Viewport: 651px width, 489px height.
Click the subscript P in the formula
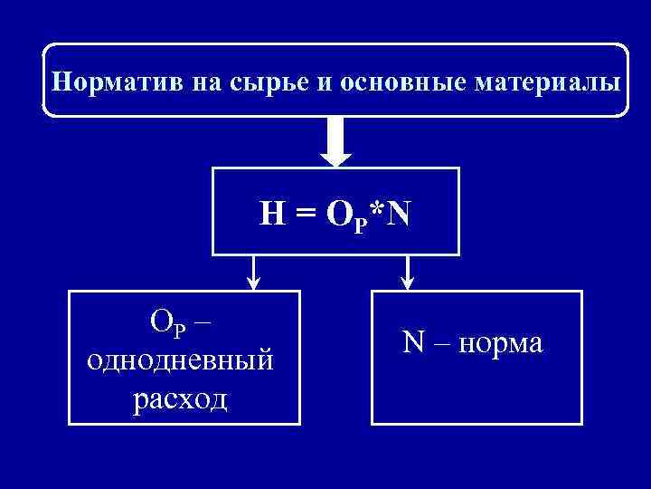coord(363,222)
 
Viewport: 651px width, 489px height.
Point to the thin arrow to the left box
coord(253,273)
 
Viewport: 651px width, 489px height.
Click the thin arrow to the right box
coord(408,273)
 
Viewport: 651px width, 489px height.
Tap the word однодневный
coord(180,360)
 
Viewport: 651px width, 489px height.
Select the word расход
coord(180,397)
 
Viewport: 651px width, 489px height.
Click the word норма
coord(500,343)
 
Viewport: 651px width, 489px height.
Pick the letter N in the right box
coord(413,342)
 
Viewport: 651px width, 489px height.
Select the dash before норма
coord(440,344)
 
